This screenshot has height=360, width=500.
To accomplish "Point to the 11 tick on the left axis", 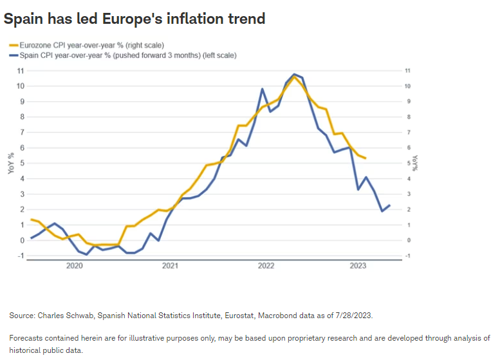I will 21,70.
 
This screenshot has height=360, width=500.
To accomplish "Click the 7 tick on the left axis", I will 23,132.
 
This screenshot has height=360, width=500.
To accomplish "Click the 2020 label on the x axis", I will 75,265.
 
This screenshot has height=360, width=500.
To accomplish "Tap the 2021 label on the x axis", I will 169,265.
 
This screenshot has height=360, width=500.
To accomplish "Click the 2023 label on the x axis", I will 358,265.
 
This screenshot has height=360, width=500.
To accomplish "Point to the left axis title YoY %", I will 10,162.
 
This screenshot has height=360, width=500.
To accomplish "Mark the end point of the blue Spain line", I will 389,205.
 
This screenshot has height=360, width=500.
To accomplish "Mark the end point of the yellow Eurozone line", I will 366,158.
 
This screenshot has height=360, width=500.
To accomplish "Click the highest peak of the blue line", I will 294,74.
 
